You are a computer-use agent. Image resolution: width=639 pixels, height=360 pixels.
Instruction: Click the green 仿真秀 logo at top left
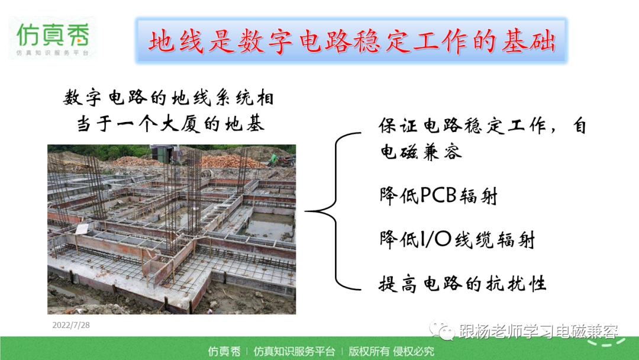(x=53, y=37)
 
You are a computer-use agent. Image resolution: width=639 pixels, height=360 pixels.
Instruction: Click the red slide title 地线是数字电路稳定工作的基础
(x=351, y=41)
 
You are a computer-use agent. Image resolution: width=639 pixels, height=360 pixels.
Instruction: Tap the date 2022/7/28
(x=71, y=325)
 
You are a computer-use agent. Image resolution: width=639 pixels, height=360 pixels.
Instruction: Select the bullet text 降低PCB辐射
(x=438, y=196)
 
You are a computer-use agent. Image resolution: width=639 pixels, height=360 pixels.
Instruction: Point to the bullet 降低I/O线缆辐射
(x=457, y=239)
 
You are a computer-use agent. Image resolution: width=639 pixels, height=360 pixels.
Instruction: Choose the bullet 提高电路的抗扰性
(x=463, y=284)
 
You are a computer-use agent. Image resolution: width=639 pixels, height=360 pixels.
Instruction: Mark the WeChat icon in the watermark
(x=442, y=330)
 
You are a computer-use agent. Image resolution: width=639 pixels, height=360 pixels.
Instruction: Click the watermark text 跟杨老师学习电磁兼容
(x=538, y=331)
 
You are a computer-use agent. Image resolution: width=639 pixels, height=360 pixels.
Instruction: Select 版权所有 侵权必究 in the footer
(x=391, y=351)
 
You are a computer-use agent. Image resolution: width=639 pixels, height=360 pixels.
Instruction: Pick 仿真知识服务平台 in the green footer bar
(x=294, y=351)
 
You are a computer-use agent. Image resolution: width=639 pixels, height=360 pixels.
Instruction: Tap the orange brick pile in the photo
(x=230, y=162)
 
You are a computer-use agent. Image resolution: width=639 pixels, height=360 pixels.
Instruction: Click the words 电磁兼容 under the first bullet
(x=421, y=152)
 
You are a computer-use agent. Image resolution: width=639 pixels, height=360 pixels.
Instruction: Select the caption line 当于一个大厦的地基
(x=170, y=124)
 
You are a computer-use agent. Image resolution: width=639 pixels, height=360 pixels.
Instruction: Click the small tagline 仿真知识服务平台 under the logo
(x=53, y=53)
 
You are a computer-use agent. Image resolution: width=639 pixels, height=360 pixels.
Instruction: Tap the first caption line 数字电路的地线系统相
(x=169, y=98)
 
